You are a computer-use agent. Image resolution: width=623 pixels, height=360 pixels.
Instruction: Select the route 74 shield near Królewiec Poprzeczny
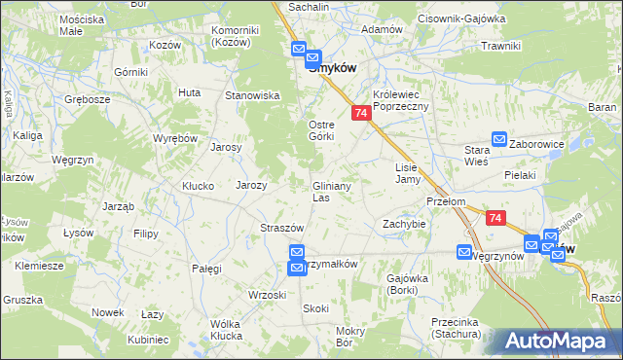pos(361,114)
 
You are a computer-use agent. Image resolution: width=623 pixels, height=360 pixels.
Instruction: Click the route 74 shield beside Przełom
pos(496,221)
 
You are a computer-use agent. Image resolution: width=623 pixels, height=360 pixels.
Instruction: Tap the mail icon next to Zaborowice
pos(499,141)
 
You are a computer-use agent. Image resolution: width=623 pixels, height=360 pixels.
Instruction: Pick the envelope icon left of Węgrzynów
pos(464,253)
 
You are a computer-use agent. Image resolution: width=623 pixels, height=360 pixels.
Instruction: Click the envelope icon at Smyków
pos(299,52)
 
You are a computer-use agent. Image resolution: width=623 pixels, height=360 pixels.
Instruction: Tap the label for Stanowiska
pos(253,95)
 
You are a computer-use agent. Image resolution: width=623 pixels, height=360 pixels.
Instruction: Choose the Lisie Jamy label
pos(407,173)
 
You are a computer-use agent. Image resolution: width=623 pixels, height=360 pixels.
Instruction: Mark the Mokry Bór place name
pos(349,337)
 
